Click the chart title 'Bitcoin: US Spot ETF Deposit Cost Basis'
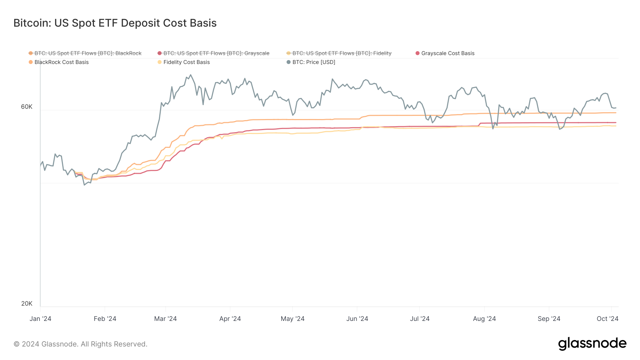coord(115,23)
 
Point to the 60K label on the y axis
coord(27,107)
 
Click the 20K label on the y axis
coord(27,303)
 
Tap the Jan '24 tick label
coord(40,319)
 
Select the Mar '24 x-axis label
coord(165,319)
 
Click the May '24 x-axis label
coord(293,319)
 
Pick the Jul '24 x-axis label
coord(420,319)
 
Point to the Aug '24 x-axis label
coord(484,319)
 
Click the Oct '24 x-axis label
coord(607,319)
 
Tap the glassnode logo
coord(592,344)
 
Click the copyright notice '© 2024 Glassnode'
coord(80,344)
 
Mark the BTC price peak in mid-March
coord(191,75)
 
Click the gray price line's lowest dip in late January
coord(84,185)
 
